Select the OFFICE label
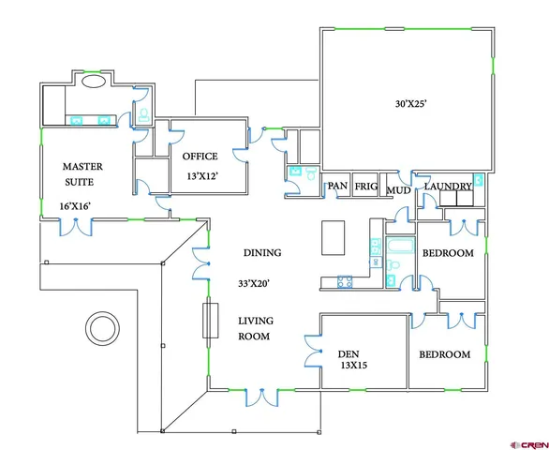click(200, 156)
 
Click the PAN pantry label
click(337, 187)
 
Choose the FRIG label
click(366, 187)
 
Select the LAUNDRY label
click(448, 187)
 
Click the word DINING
click(262, 253)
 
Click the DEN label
click(349, 354)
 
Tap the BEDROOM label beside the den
click(443, 354)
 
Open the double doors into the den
click(313, 352)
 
